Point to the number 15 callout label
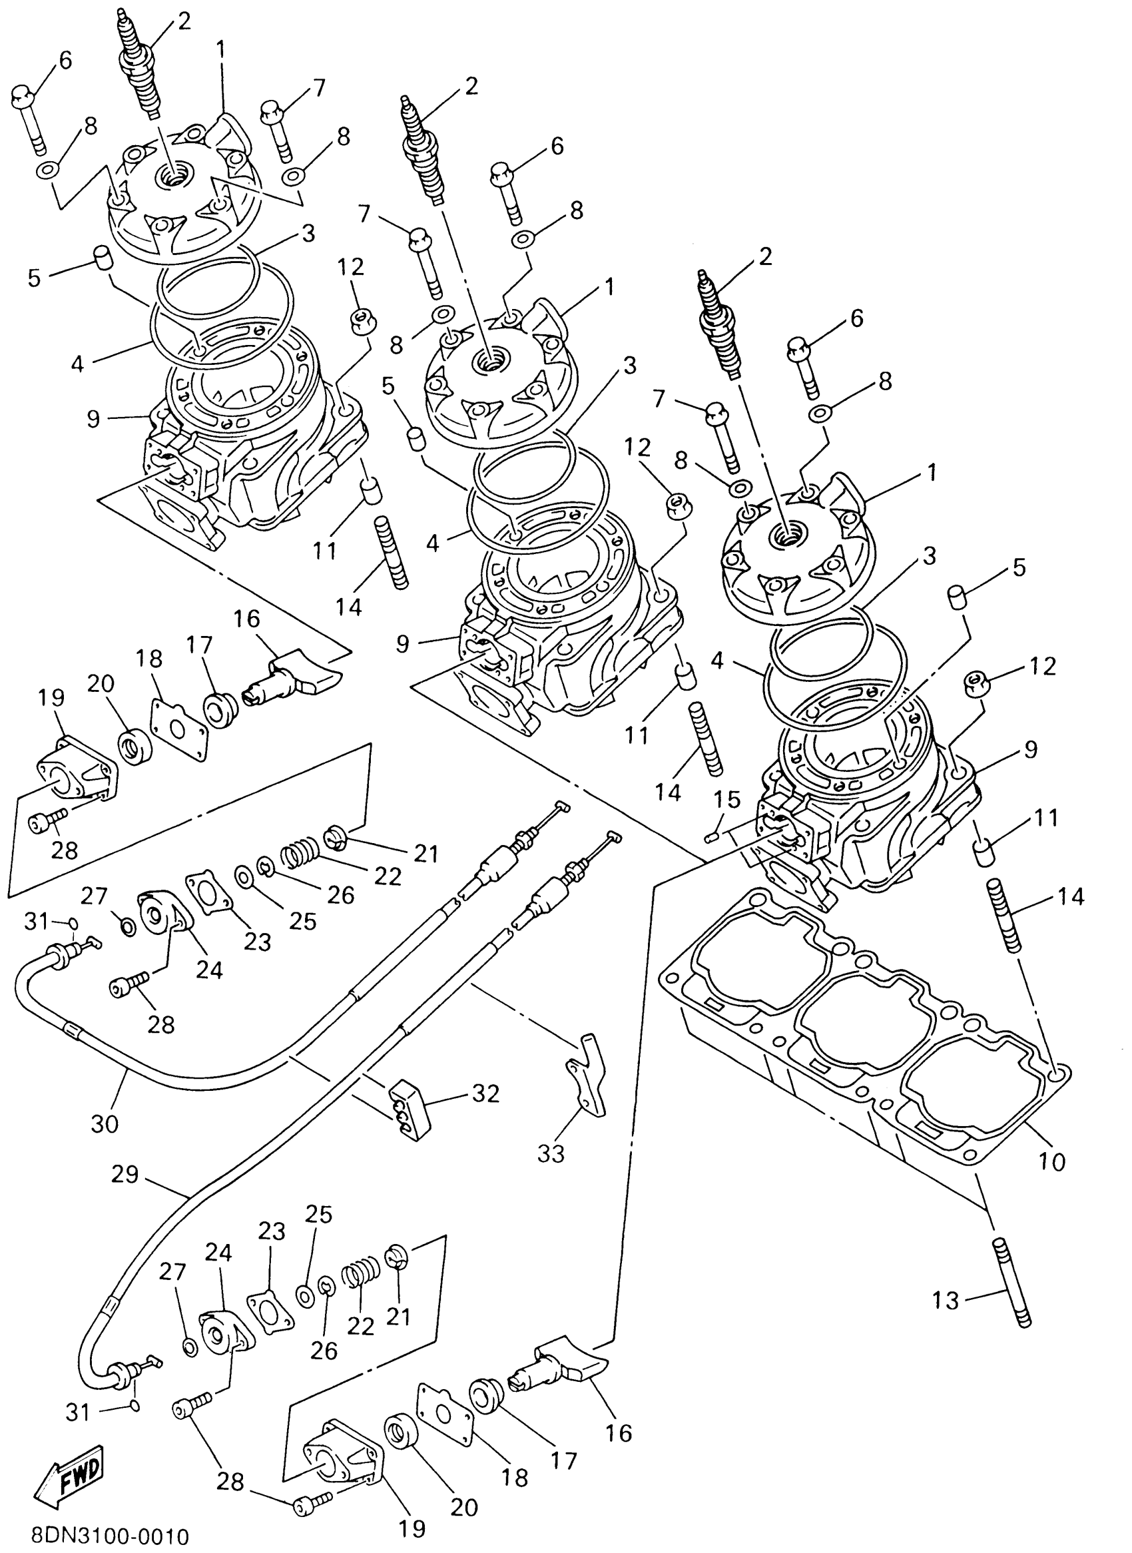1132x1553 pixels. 727,800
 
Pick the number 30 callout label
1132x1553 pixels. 104,1123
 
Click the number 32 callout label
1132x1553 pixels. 485,1093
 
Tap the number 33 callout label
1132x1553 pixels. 551,1153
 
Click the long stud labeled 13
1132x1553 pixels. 1009,1281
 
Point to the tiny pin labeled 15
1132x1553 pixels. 712,837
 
